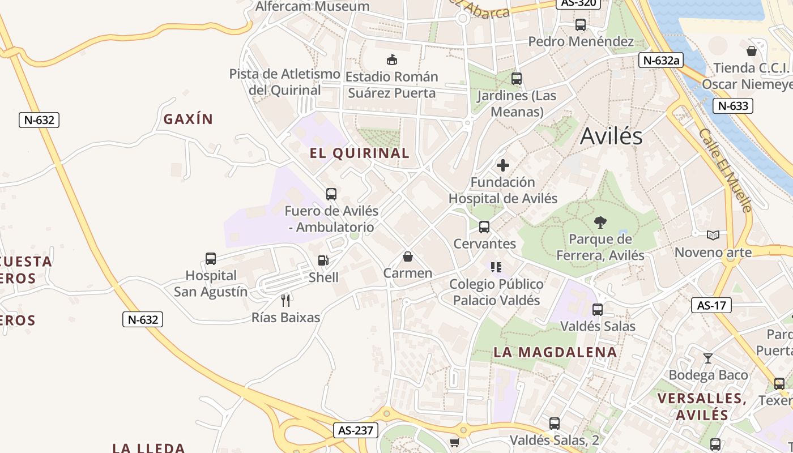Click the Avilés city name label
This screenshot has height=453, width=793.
(x=611, y=136)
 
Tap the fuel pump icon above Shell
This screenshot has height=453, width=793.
(x=323, y=260)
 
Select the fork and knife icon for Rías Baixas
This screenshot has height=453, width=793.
(x=285, y=300)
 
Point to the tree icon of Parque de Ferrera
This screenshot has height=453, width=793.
(x=600, y=222)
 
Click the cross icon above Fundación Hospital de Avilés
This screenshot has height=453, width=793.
(x=502, y=165)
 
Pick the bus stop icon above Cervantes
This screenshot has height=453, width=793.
(x=484, y=227)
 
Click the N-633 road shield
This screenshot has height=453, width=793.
(x=733, y=106)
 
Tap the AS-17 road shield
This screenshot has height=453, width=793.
(x=711, y=306)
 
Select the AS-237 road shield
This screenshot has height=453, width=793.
(x=355, y=430)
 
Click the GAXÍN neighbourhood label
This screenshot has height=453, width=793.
(x=188, y=119)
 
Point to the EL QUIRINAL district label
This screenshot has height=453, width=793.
(x=360, y=153)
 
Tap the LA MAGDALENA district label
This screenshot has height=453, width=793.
(x=555, y=352)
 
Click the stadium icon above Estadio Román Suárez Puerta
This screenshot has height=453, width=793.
(x=391, y=59)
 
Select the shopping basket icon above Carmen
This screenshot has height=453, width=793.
(x=407, y=257)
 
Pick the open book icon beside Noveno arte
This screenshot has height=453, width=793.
(x=713, y=235)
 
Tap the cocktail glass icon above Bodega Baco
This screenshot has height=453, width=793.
(x=707, y=358)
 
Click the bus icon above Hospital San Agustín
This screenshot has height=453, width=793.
(x=211, y=259)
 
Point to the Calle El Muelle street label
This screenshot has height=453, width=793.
(x=725, y=170)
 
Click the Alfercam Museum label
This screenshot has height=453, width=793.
(x=313, y=7)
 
